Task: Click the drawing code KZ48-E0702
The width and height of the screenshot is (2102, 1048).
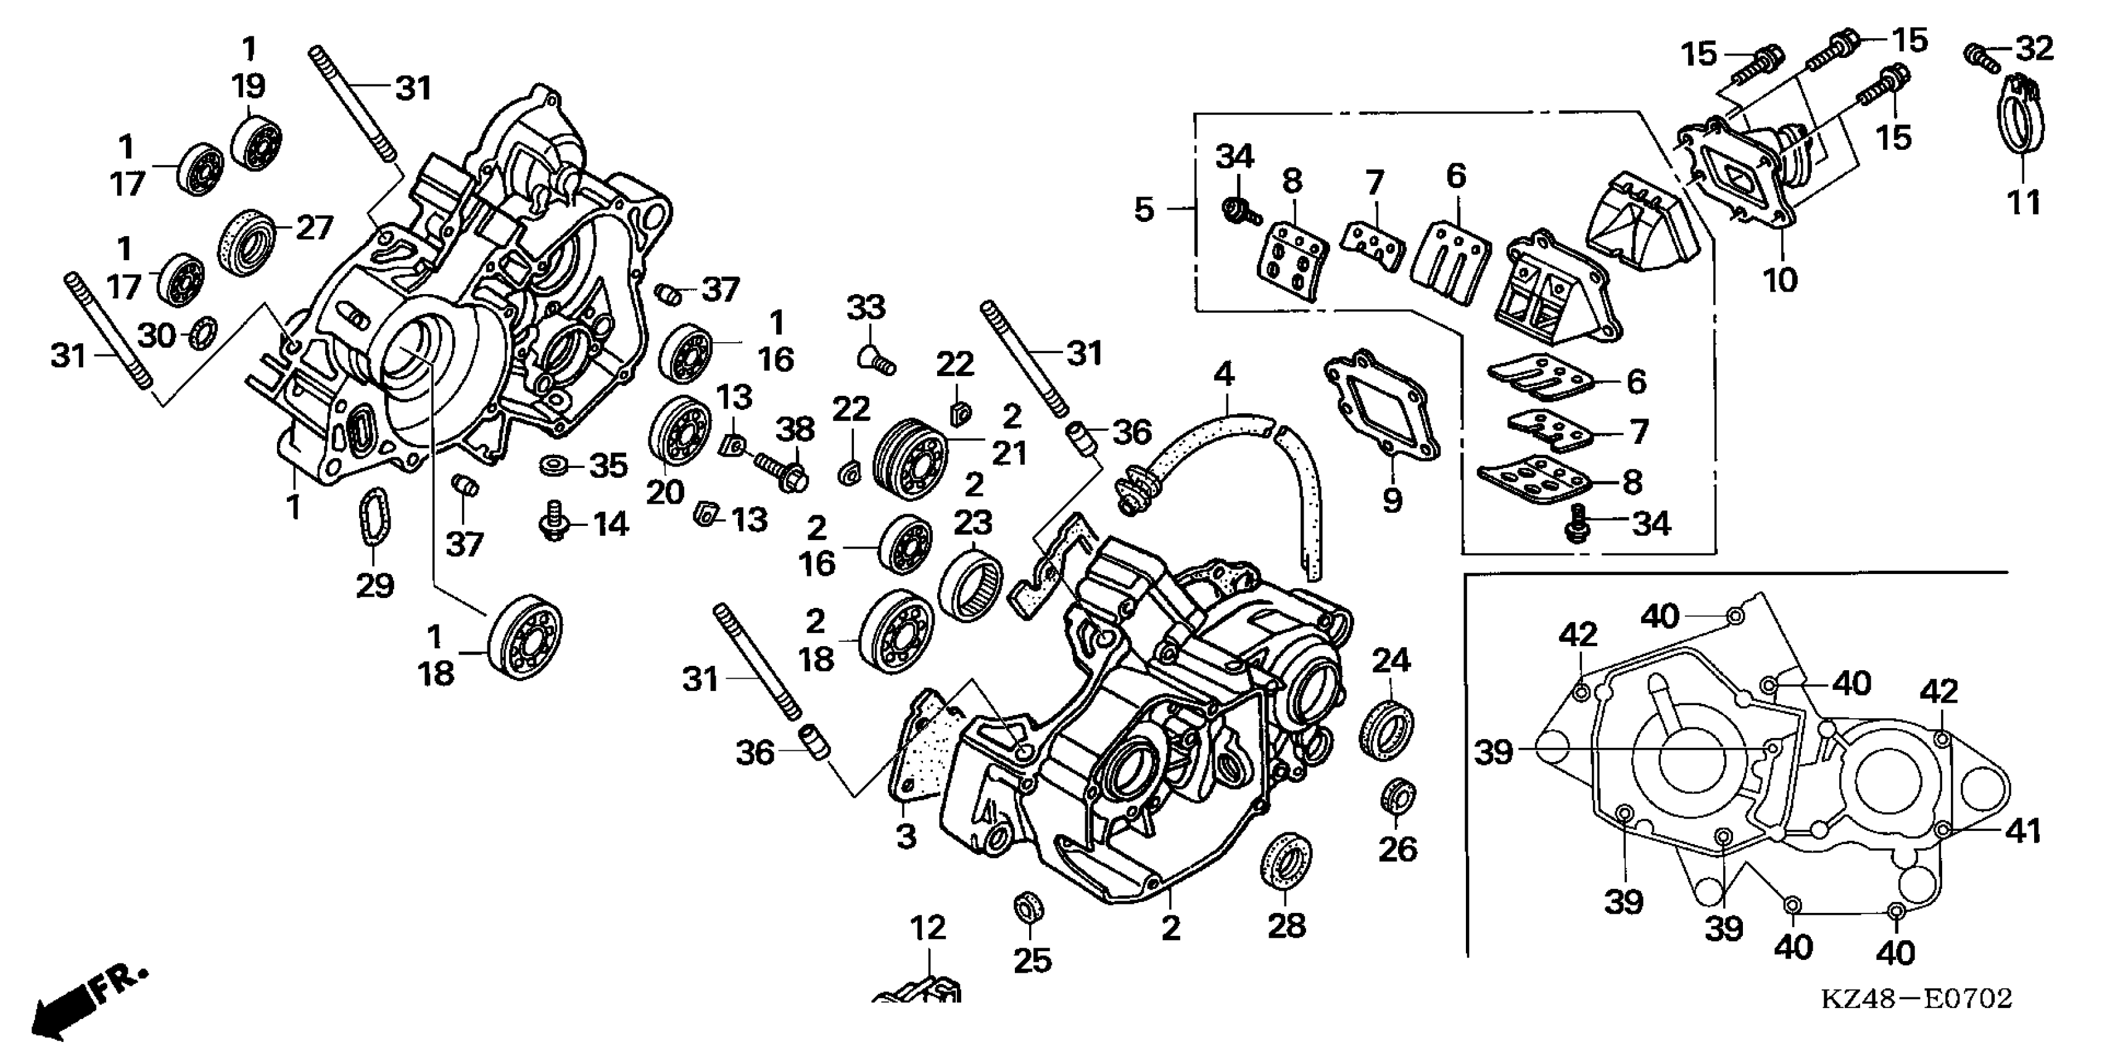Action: click(x=1916, y=998)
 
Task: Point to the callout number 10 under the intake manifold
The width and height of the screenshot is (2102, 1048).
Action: click(x=1780, y=280)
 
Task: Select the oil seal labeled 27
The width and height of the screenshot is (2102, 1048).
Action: click(x=246, y=242)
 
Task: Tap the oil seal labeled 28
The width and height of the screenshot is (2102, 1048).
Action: click(x=1287, y=858)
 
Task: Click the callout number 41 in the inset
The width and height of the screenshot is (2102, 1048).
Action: click(x=2024, y=831)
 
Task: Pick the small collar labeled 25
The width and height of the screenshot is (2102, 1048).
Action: click(x=1029, y=907)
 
